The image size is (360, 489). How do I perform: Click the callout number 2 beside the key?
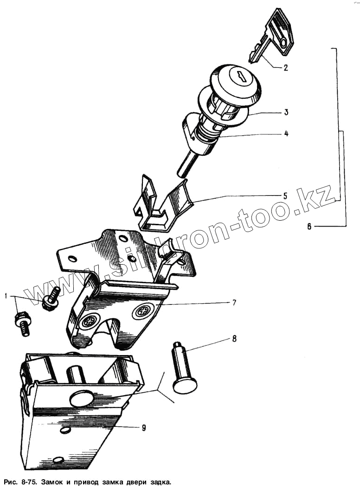pyautogui.click(x=286, y=68)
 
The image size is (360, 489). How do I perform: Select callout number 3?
pyautogui.click(x=286, y=112)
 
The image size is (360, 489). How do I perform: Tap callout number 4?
pyautogui.click(x=286, y=133)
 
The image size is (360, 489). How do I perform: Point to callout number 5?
pyautogui.click(x=286, y=196)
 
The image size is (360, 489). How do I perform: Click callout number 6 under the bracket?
pyautogui.click(x=310, y=227)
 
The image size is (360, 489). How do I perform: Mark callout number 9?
pyautogui.click(x=143, y=428)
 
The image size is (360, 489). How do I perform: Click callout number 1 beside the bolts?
pyautogui.click(x=6, y=296)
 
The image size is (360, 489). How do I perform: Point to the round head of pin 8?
pyautogui.click(x=185, y=383)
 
